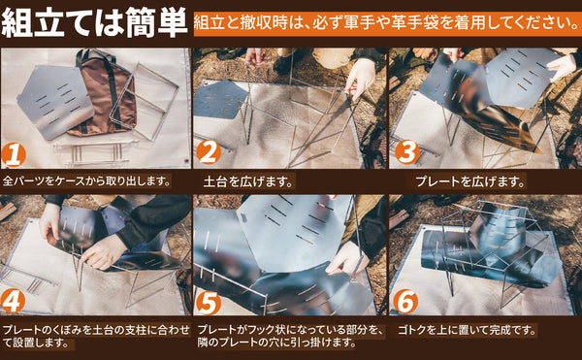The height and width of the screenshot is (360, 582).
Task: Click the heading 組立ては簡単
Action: [94, 21]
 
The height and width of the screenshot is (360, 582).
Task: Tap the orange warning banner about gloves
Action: [387, 23]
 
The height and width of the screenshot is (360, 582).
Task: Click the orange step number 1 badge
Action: [14, 155]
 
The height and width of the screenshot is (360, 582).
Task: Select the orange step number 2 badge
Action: [209, 152]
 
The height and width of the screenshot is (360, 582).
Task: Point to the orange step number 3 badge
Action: [407, 152]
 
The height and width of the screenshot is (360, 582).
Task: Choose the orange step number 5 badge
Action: [209, 303]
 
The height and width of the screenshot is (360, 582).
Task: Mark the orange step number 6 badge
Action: [405, 302]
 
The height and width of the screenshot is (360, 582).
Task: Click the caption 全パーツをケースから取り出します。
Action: [86, 181]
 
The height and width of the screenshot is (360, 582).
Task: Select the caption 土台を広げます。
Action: [248, 181]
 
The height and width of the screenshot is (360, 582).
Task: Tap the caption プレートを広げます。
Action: [470, 181]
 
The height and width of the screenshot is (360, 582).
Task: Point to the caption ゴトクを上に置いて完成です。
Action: [467, 330]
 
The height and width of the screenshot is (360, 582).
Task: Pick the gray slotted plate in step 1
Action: [55, 101]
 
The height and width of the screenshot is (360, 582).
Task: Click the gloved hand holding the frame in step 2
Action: [359, 79]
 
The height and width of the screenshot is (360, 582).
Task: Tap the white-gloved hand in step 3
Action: [563, 66]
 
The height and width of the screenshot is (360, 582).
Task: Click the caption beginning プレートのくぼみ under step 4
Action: [96, 336]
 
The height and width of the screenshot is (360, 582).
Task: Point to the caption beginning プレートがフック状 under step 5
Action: [290, 336]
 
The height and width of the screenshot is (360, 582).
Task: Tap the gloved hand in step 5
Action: [346, 259]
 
